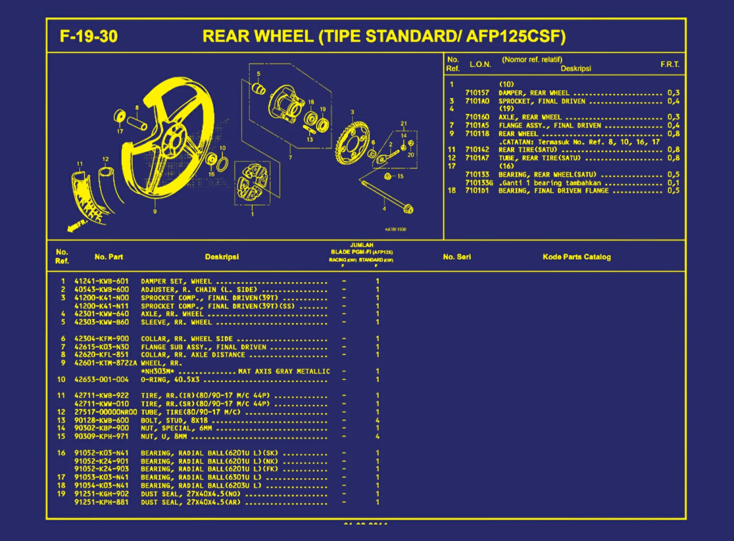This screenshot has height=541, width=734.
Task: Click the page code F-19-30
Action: (88, 36)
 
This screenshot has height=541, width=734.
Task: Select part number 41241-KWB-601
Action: (101, 281)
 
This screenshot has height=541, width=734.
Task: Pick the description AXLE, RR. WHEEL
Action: (172, 314)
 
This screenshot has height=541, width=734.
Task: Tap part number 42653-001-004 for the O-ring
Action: (101, 380)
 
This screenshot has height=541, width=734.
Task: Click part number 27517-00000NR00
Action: (105, 412)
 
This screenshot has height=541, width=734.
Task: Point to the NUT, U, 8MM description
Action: (164, 436)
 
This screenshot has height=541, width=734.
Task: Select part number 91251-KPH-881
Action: (101, 502)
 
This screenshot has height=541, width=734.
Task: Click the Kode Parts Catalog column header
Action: (576, 257)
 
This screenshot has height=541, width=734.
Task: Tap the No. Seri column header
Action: (457, 257)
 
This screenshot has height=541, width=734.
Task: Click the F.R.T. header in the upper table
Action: (670, 64)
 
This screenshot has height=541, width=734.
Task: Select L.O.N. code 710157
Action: (477, 93)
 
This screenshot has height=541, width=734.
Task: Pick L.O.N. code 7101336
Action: (479, 183)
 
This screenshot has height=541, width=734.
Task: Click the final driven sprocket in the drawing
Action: (353, 143)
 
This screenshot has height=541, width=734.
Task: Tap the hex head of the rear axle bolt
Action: (408, 209)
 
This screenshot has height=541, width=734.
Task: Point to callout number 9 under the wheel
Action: (155, 211)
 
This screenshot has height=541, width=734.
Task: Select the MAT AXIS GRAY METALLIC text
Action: (284, 372)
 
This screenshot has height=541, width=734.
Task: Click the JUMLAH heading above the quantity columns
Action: (361, 245)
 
